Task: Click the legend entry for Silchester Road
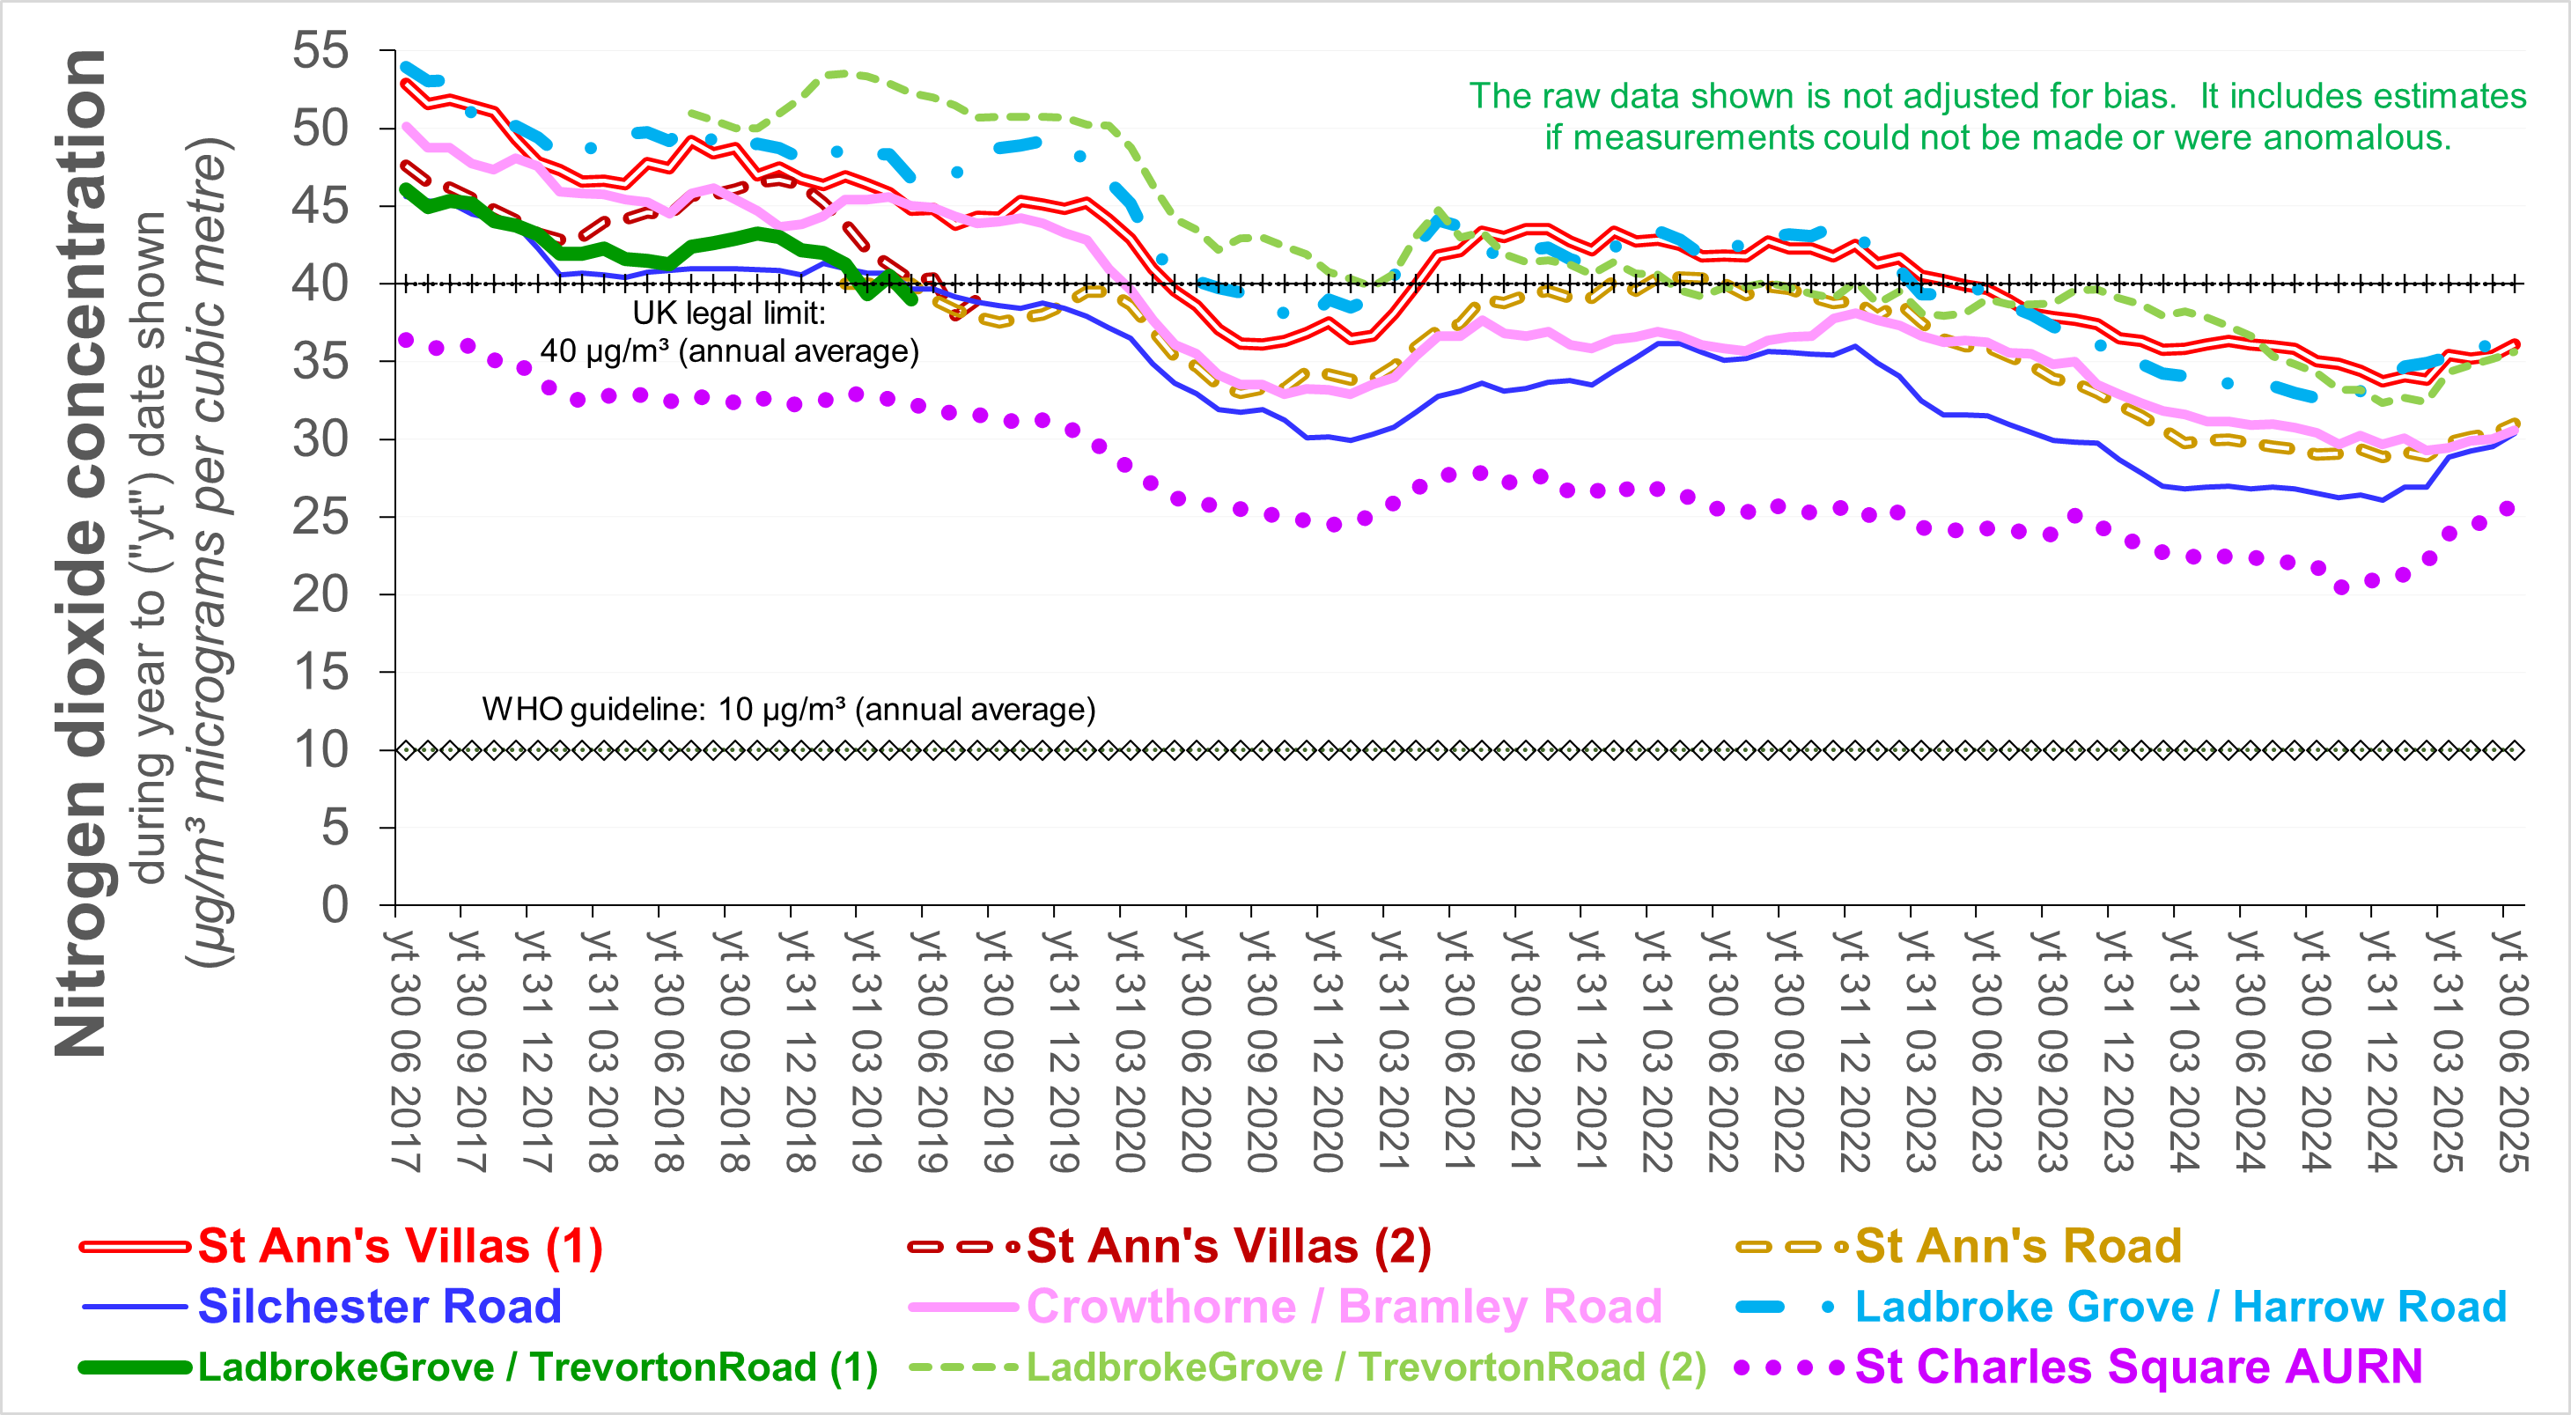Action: (379, 1305)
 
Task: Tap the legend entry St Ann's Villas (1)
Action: (399, 1245)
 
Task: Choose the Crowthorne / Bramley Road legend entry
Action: (1344, 1305)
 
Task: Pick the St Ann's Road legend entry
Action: (2017, 1245)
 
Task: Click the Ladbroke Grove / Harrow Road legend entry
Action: (2180, 1305)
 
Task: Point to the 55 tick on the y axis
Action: (320, 51)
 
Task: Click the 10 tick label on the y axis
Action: (320, 749)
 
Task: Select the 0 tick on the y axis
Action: (335, 905)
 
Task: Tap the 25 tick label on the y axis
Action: (320, 517)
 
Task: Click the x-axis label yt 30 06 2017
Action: (402, 1050)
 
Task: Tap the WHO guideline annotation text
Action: (788, 710)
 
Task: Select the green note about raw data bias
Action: (1997, 115)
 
